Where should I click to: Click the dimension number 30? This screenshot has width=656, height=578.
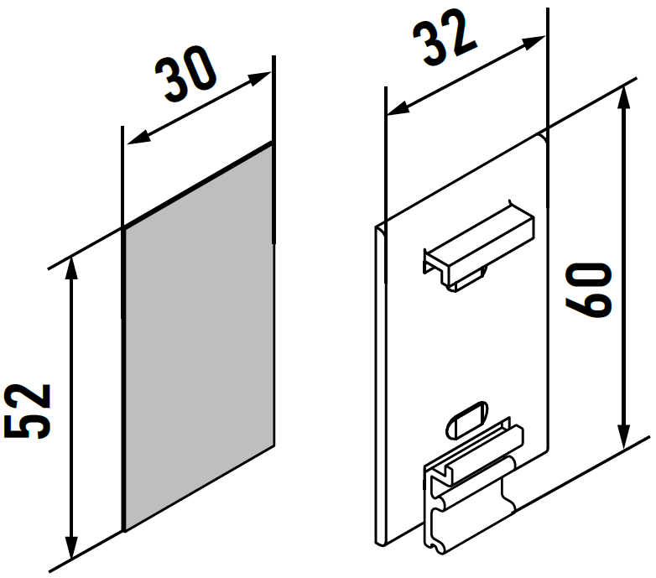(x=185, y=74)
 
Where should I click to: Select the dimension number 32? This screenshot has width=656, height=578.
(x=445, y=37)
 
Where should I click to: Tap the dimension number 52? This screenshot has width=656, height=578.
(x=28, y=411)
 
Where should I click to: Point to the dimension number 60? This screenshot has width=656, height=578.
(x=588, y=290)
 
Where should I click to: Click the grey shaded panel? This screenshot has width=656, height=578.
(x=199, y=337)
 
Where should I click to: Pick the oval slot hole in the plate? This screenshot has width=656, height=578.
(x=467, y=419)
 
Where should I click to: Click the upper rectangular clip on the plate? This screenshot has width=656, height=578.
(x=479, y=246)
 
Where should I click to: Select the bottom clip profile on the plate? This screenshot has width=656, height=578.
(x=473, y=485)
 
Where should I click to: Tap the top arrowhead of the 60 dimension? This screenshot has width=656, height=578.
(x=624, y=97)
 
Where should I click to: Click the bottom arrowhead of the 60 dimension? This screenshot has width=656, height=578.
(x=624, y=437)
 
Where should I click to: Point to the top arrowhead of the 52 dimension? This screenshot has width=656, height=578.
(x=72, y=268)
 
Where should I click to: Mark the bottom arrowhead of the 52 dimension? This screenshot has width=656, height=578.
(x=72, y=547)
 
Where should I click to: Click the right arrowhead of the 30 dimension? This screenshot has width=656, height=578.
(x=259, y=78)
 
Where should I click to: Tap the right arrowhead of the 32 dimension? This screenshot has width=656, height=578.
(x=534, y=42)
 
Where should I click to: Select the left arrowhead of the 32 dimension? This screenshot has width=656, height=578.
(x=398, y=109)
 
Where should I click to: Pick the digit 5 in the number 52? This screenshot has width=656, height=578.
(x=28, y=426)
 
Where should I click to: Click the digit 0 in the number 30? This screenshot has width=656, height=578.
(x=200, y=66)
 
